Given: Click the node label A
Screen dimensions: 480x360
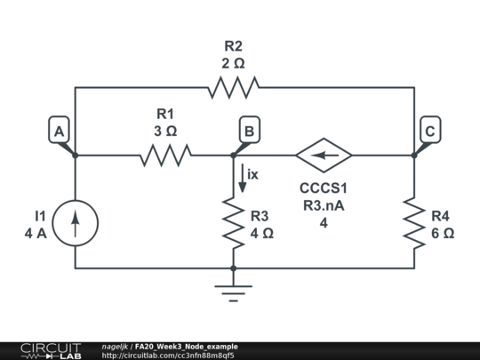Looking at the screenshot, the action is [x=59, y=131].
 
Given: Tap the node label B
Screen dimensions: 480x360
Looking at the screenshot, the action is [x=250, y=131].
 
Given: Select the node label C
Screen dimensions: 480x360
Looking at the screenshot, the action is [x=430, y=131].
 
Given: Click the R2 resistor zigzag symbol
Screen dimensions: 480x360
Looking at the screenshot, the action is [x=234, y=87].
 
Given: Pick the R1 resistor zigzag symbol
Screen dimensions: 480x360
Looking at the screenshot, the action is [x=166, y=156].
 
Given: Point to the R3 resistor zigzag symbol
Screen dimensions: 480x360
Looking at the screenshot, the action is [x=233, y=223].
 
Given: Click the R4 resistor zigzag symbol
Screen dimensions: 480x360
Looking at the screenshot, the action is [x=414, y=223].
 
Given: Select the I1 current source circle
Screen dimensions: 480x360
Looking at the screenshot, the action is [x=76, y=223].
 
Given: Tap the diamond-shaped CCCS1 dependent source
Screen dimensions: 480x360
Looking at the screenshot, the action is [x=324, y=156].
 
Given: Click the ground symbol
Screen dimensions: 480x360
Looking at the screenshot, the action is [x=233, y=293].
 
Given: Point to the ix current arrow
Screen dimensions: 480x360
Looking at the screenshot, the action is [x=242, y=178].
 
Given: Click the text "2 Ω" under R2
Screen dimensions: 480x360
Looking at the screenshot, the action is [x=233, y=64].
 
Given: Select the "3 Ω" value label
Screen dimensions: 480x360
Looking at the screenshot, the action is [x=165, y=132].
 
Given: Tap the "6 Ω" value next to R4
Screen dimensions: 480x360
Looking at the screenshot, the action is [x=443, y=234].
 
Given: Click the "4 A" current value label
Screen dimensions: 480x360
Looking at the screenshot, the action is [x=36, y=234].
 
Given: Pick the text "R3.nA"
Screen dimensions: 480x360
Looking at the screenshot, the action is [x=324, y=205].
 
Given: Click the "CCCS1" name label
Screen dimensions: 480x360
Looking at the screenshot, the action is [x=324, y=188].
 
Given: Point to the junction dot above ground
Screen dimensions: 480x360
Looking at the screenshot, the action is [x=233, y=268].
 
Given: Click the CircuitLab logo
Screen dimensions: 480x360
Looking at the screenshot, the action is [x=51, y=351].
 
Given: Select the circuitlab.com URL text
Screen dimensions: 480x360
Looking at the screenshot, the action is [x=168, y=356].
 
